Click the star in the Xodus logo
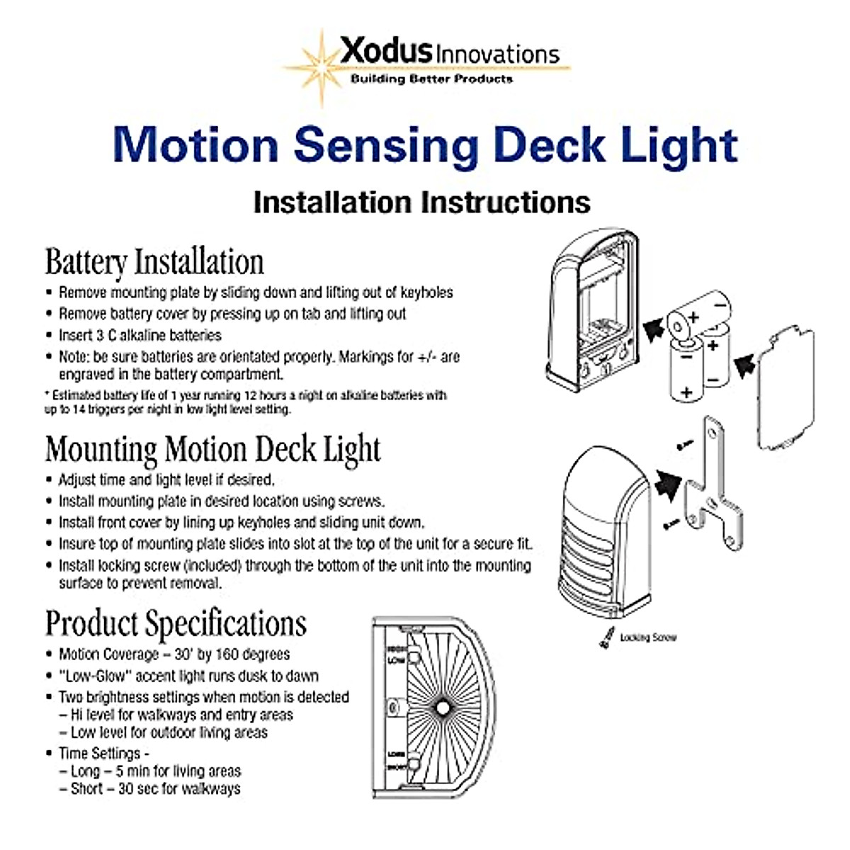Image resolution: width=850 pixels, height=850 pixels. pos(323,68)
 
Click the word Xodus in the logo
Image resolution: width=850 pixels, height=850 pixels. pos(386,51)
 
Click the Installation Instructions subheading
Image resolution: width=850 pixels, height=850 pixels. pos(421,203)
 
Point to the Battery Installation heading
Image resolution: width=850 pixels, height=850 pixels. pos(154,262)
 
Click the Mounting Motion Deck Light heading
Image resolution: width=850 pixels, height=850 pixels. pos(212,450)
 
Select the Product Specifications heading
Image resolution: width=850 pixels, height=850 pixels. pos(176,624)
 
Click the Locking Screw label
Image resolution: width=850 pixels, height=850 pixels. pos(647,637)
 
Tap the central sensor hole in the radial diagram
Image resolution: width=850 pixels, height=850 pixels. pos(442,708)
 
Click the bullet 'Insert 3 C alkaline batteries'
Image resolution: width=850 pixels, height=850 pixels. pos(140,335)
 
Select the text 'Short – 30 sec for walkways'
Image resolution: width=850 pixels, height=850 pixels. pos(155,788)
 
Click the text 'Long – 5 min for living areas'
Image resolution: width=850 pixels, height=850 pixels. pos(155,771)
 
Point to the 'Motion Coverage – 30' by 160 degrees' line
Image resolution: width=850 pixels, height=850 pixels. pos(174,654)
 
